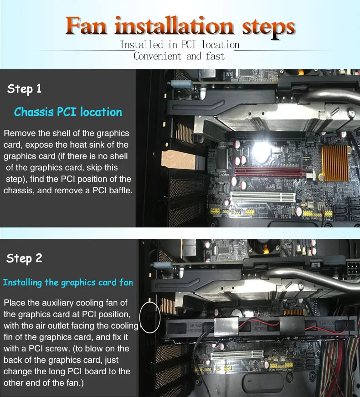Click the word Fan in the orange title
coord(86,26)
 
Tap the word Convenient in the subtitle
coord(158,56)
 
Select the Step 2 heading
coord(24,258)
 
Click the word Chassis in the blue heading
coord(34,112)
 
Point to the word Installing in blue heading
coord(22,283)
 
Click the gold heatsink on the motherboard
coord(335,164)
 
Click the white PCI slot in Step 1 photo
coord(263,197)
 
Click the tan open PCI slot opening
coord(178,160)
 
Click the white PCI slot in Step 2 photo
coord(237,355)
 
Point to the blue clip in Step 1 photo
coord(181,83)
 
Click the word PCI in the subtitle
coord(189,45)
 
